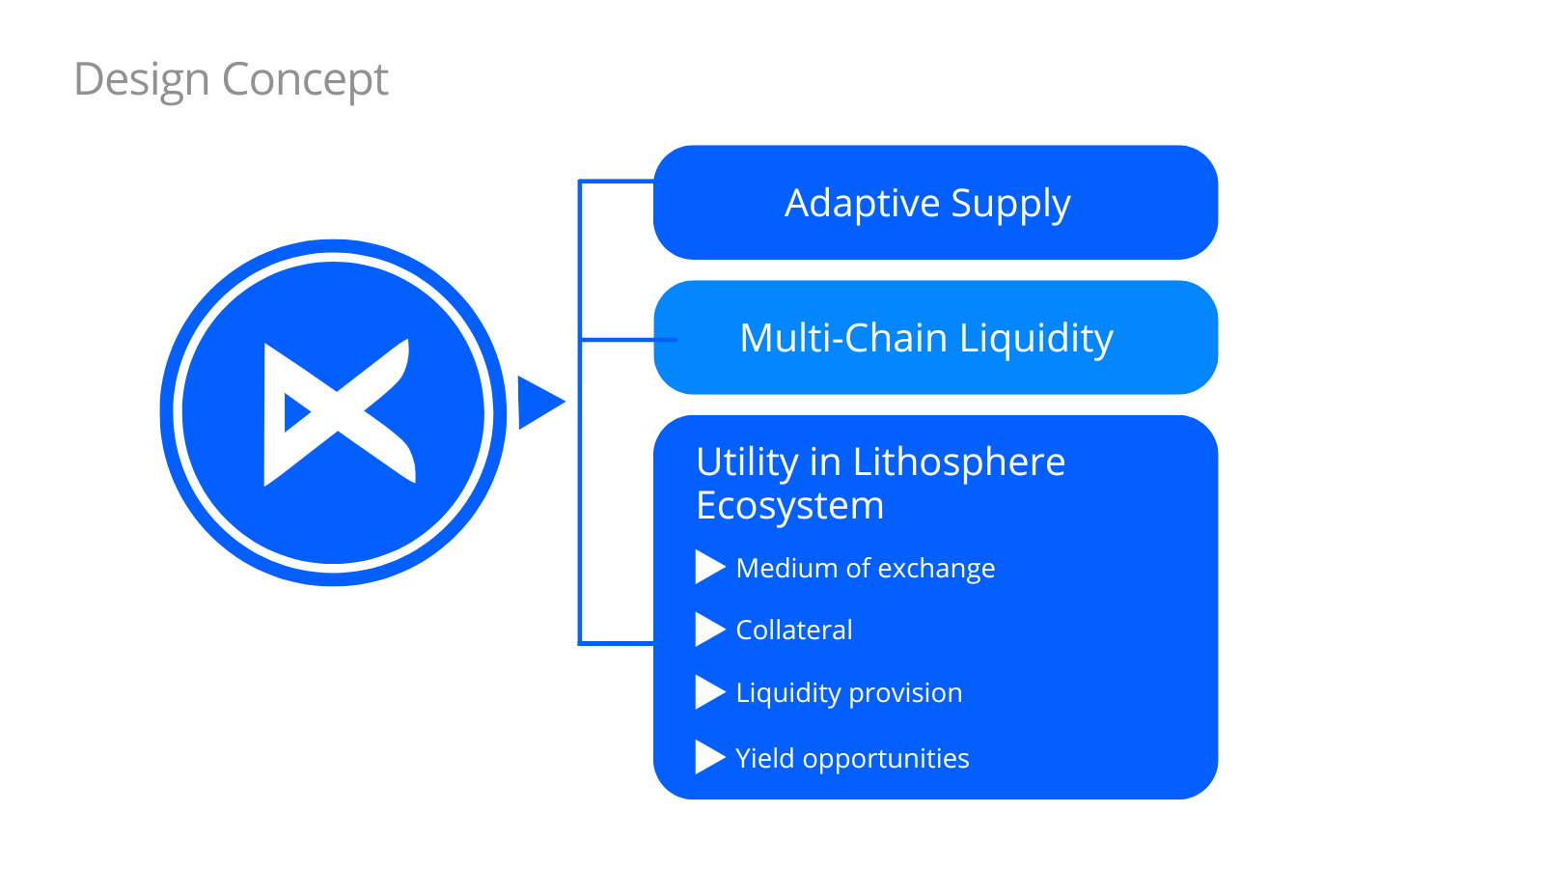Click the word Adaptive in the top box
pos(862,204)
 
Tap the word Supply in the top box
pos(1010,204)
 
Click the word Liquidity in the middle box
pos(1036,338)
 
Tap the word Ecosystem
pos(789,506)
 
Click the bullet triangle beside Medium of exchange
pos(708,568)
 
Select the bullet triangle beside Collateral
pos(708,630)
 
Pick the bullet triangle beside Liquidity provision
pos(708,692)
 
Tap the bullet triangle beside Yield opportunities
pos(708,758)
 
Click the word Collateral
pos(794,631)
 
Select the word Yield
pos(765,759)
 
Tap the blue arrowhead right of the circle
pos(538,403)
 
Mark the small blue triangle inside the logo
pos(295,413)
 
